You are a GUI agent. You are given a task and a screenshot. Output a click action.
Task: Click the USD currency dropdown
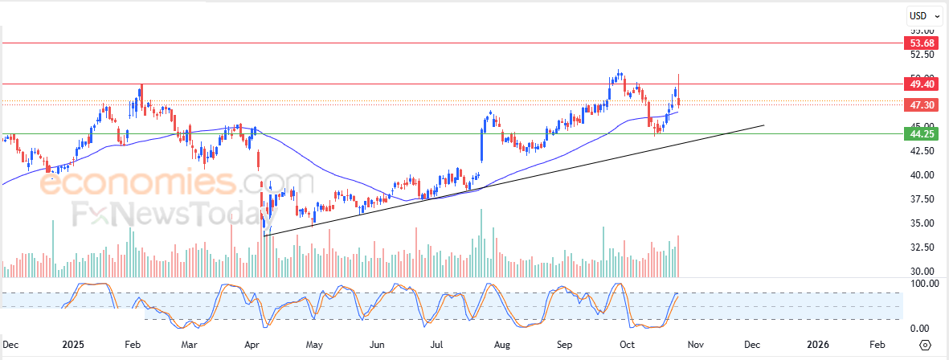pyautogui.click(x=921, y=15)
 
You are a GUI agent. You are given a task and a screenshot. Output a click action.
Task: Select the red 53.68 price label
pyautogui.click(x=921, y=43)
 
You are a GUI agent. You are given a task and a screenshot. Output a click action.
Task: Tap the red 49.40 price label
pyautogui.click(x=921, y=84)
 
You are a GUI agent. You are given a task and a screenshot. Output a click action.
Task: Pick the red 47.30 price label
pyautogui.click(x=921, y=105)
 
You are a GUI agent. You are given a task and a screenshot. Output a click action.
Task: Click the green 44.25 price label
pyautogui.click(x=921, y=133)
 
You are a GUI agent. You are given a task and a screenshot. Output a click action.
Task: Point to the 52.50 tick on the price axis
pyautogui.click(x=921, y=55)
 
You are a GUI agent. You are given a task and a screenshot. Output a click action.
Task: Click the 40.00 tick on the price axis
pyautogui.click(x=921, y=175)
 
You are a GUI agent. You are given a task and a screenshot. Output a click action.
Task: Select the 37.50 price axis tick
pyautogui.click(x=921, y=199)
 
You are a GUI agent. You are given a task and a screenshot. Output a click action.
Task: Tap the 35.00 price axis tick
pyautogui.click(x=921, y=223)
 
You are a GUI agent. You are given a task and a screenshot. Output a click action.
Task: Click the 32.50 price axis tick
pyautogui.click(x=921, y=247)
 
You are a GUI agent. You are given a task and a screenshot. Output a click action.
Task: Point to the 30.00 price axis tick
pyautogui.click(x=921, y=272)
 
